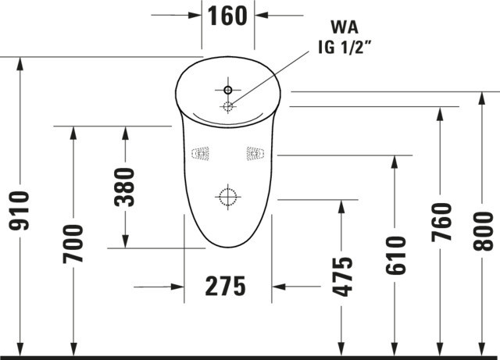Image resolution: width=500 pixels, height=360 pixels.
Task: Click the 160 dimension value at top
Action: click(229, 16)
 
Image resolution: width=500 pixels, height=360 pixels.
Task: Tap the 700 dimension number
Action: click(73, 243)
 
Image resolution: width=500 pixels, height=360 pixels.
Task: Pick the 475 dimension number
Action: click(341, 276)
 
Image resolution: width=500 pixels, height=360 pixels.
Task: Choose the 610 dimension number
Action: click(395, 255)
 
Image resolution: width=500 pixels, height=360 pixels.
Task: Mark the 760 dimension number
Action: click(441, 223)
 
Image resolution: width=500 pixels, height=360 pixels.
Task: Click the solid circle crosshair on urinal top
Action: click(228, 87)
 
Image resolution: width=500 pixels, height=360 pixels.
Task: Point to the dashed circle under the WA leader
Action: click(228, 106)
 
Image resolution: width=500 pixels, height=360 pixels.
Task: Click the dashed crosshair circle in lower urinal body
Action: click(227, 198)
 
